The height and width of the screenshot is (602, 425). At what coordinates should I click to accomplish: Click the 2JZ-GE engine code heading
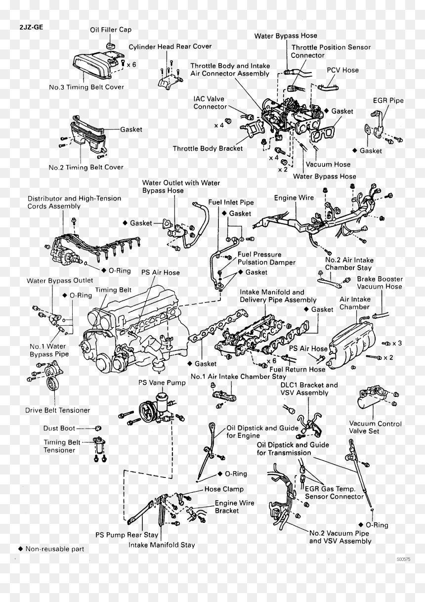[31, 27]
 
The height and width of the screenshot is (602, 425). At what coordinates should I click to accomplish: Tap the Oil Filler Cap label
[111, 30]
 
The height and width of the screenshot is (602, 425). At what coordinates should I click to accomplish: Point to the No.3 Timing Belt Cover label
[86, 87]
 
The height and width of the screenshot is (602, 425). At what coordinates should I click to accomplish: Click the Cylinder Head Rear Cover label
[170, 46]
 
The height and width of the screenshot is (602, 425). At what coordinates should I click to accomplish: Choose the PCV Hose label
[342, 70]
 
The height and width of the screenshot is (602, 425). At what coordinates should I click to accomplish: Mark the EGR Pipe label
[388, 100]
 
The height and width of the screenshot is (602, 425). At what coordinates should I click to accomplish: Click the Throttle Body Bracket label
[208, 148]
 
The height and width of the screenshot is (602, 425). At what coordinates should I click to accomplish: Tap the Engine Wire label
[294, 198]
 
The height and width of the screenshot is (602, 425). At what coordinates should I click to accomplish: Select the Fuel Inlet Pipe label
[231, 202]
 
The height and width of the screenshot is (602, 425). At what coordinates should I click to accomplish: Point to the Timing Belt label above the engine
[113, 290]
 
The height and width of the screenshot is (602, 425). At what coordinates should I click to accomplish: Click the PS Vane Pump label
[162, 383]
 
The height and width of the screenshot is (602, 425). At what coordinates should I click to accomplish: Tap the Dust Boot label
[59, 428]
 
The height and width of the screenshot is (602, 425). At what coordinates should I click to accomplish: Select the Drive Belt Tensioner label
[57, 410]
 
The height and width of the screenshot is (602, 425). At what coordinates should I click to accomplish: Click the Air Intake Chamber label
[355, 303]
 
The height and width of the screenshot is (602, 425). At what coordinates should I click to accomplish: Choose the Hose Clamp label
[224, 489]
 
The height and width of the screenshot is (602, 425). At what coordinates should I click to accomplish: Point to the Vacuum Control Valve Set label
[375, 428]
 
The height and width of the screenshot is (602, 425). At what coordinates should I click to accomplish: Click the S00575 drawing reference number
[404, 559]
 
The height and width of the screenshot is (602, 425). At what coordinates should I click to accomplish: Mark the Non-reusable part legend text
[54, 549]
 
